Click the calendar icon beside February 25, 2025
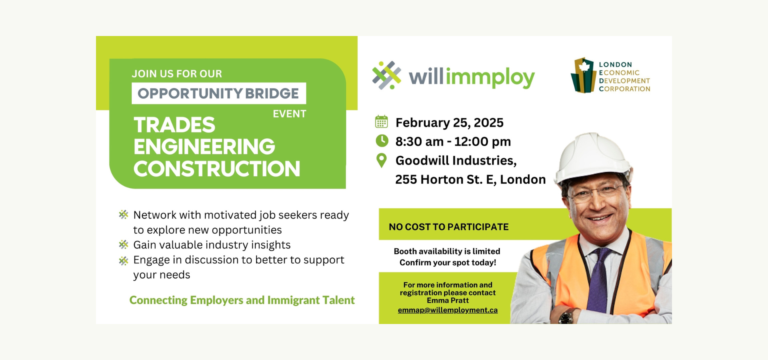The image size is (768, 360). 381,122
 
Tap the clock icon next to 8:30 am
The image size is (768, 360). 382,141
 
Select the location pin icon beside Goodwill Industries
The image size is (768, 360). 382,160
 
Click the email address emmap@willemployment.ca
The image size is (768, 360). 448,310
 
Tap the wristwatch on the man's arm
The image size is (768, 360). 566,317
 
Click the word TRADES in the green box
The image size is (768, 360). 174,125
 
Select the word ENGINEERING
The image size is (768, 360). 204,146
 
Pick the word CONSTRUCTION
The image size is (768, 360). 217,168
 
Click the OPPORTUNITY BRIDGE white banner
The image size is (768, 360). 219,93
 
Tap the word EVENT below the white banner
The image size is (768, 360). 290,114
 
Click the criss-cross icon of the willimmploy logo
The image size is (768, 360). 386,75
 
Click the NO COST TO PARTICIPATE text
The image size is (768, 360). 449,227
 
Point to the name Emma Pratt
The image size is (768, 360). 448,300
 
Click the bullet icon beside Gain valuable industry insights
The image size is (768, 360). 124,244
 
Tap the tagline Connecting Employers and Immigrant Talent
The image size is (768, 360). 242,300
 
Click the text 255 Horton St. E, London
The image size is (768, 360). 470,179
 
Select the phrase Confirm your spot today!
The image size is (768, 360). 448,262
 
